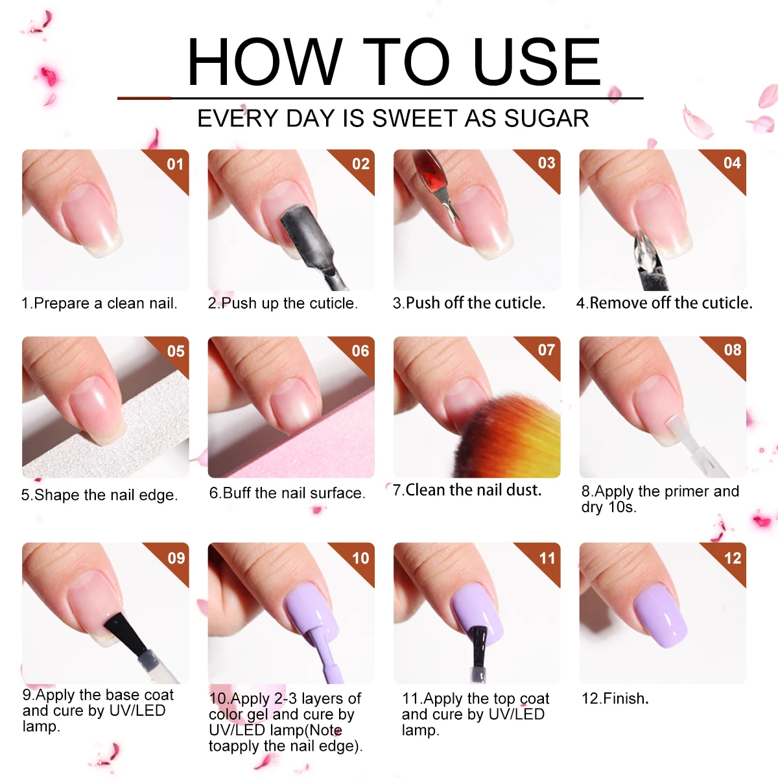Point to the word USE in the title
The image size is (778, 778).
(537, 62)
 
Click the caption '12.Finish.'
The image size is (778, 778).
(615, 698)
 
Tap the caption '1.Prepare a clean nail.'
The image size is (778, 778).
(99, 303)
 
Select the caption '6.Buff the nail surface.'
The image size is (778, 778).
(287, 493)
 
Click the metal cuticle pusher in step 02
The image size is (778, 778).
(305, 233)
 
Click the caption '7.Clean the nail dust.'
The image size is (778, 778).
(467, 490)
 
